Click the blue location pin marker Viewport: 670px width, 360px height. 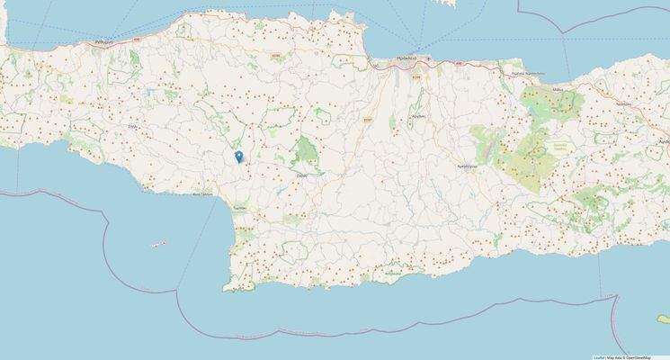coord(238,157)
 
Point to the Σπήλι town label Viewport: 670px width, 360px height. coord(131,129)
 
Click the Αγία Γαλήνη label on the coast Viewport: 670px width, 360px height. coord(203,193)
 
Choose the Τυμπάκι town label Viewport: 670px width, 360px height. coord(240,205)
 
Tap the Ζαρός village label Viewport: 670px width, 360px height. coord(302,175)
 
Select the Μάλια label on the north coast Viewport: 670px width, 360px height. coord(558,90)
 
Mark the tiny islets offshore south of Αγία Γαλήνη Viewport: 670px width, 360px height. coord(158,243)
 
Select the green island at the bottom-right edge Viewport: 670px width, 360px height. coord(664,318)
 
